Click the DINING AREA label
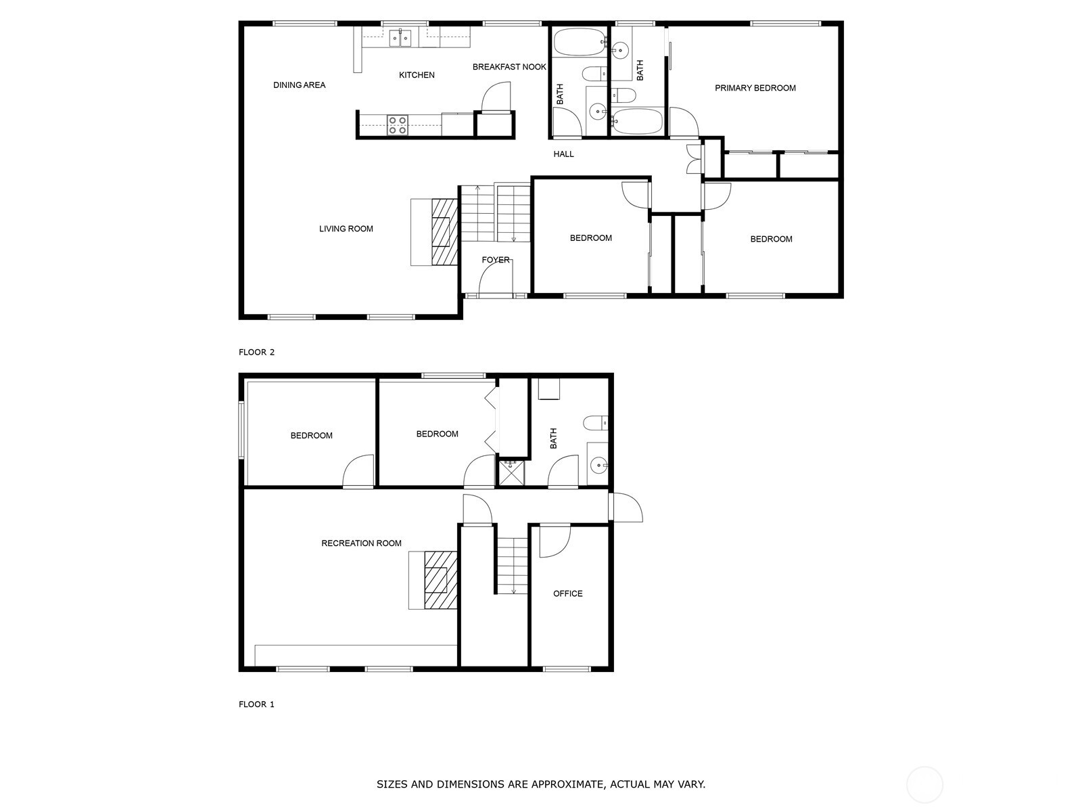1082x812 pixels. tap(299, 85)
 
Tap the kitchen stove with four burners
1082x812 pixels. tap(397, 125)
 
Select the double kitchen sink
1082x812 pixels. tap(400, 39)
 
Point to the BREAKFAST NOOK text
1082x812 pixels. tap(509, 67)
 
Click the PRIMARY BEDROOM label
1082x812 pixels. tap(755, 88)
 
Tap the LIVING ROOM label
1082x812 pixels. tap(346, 229)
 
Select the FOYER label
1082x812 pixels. tap(496, 260)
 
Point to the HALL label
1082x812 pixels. tap(563, 154)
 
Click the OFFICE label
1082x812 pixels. tap(567, 593)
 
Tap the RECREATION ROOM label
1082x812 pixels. tap(361, 543)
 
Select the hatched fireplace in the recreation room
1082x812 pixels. tap(440, 580)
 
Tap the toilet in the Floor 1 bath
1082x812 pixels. tap(596, 423)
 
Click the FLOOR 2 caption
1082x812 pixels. tap(257, 352)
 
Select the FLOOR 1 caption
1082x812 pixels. tap(257, 704)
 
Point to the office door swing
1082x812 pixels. tap(554, 541)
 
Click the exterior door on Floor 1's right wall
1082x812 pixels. tap(626, 507)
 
